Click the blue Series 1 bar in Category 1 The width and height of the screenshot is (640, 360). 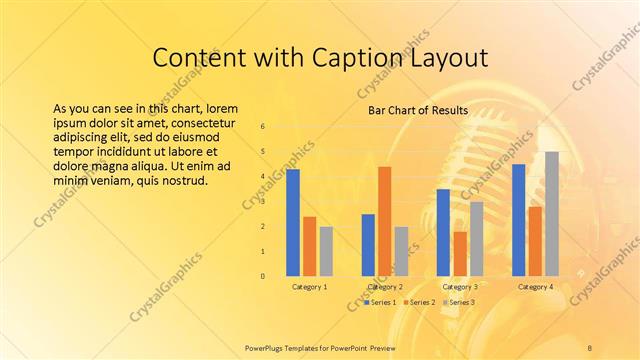(293, 222)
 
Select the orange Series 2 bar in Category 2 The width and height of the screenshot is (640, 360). (385, 220)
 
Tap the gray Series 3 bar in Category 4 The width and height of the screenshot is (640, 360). (551, 213)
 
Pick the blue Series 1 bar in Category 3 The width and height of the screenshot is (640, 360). (443, 232)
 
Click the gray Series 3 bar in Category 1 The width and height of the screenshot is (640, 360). (326, 250)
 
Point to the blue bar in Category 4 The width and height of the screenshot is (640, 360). (518, 219)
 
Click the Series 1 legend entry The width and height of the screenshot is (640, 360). (381, 302)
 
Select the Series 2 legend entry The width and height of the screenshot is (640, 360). (421, 302)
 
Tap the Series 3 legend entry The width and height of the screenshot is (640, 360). (460, 302)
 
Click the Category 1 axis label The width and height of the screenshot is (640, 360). (309, 287)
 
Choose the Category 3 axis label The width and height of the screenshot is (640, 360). (460, 287)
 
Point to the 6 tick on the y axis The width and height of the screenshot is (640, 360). (262, 127)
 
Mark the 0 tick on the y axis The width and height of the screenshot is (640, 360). (262, 276)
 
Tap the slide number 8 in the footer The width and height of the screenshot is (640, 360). (591, 346)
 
